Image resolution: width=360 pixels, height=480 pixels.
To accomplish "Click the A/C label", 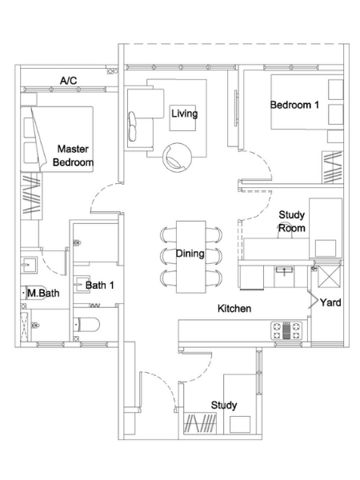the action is click(x=68, y=81).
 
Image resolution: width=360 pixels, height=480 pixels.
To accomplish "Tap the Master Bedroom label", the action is click(x=73, y=155).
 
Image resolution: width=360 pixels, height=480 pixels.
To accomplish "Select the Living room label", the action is click(x=184, y=114).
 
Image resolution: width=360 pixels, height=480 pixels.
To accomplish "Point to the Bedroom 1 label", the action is click(x=294, y=105).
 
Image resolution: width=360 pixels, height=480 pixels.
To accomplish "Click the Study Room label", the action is click(x=292, y=222).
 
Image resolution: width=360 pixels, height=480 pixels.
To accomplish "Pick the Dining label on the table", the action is click(x=190, y=254).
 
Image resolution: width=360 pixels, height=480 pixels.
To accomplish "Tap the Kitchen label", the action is click(x=234, y=309).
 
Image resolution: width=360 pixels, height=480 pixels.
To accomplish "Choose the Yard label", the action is click(x=330, y=302).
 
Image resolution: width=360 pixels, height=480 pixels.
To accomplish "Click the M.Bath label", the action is click(x=43, y=293).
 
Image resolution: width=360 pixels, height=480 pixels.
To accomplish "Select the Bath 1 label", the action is click(x=100, y=286).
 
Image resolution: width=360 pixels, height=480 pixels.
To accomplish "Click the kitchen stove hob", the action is click(x=286, y=330).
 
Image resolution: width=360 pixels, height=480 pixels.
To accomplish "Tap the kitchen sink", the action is click(x=284, y=270).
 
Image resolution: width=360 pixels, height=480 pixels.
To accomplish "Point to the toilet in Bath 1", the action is click(x=86, y=325).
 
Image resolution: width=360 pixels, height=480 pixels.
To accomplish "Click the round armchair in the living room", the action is click(x=178, y=157).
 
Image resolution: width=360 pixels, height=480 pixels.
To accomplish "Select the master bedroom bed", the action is click(x=57, y=139).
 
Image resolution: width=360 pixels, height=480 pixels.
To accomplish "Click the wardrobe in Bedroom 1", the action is click(x=332, y=167).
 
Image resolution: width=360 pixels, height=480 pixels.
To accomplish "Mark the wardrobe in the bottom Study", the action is click(x=200, y=423).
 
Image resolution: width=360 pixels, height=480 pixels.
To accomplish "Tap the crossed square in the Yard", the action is click(x=329, y=276).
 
